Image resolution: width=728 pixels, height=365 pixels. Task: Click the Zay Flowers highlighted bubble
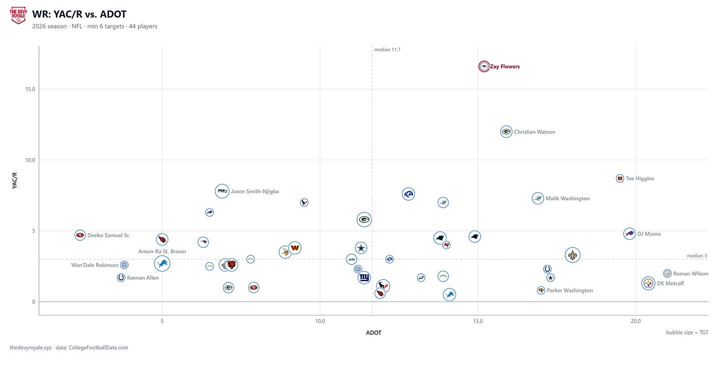[x=484, y=67]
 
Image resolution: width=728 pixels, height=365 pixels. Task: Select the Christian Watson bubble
[x=506, y=131]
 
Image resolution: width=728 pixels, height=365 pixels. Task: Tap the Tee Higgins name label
[x=639, y=178]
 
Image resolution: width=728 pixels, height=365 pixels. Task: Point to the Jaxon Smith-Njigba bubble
[x=222, y=191]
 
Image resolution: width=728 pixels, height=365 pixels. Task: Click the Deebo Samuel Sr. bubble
[x=80, y=235]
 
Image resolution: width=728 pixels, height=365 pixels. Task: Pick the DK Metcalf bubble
[x=648, y=283]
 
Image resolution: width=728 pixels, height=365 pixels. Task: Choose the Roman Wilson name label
[x=690, y=273]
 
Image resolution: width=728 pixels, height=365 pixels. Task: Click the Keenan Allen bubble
[x=121, y=277]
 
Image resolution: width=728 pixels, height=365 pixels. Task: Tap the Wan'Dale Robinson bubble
[x=124, y=265]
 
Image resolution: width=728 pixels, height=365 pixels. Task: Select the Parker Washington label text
[x=569, y=290]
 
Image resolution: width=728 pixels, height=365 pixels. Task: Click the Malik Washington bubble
[x=538, y=198]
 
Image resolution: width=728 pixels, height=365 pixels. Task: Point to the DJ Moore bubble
[x=629, y=234]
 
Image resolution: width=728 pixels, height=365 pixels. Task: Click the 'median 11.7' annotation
[x=387, y=50]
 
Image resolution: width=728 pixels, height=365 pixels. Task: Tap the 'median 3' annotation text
[x=697, y=256]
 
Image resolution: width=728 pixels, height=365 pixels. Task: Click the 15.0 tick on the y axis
[x=30, y=89]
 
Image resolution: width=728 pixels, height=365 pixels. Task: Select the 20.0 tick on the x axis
[x=635, y=321]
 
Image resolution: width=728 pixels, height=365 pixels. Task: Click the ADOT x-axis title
[x=374, y=332]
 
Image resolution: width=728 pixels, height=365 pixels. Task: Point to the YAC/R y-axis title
[x=14, y=180]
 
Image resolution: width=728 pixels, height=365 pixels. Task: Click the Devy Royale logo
[x=18, y=16]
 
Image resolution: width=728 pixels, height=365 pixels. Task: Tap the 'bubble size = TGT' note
[x=687, y=332]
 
